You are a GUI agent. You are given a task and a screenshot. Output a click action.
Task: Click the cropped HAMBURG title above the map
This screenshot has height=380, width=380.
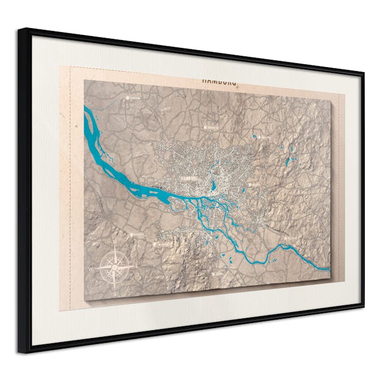tap(219, 81)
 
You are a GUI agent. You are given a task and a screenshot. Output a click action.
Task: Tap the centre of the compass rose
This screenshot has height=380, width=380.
tap(116, 267)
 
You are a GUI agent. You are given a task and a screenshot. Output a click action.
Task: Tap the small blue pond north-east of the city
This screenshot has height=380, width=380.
tap(255, 137)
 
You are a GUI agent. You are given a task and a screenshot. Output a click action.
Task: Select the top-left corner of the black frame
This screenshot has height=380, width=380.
tap(19, 29)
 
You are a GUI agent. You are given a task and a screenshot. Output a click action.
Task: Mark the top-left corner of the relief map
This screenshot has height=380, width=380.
tap(84, 80)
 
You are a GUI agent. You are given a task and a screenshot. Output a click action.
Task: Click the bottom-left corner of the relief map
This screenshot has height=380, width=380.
tap(84, 300)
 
